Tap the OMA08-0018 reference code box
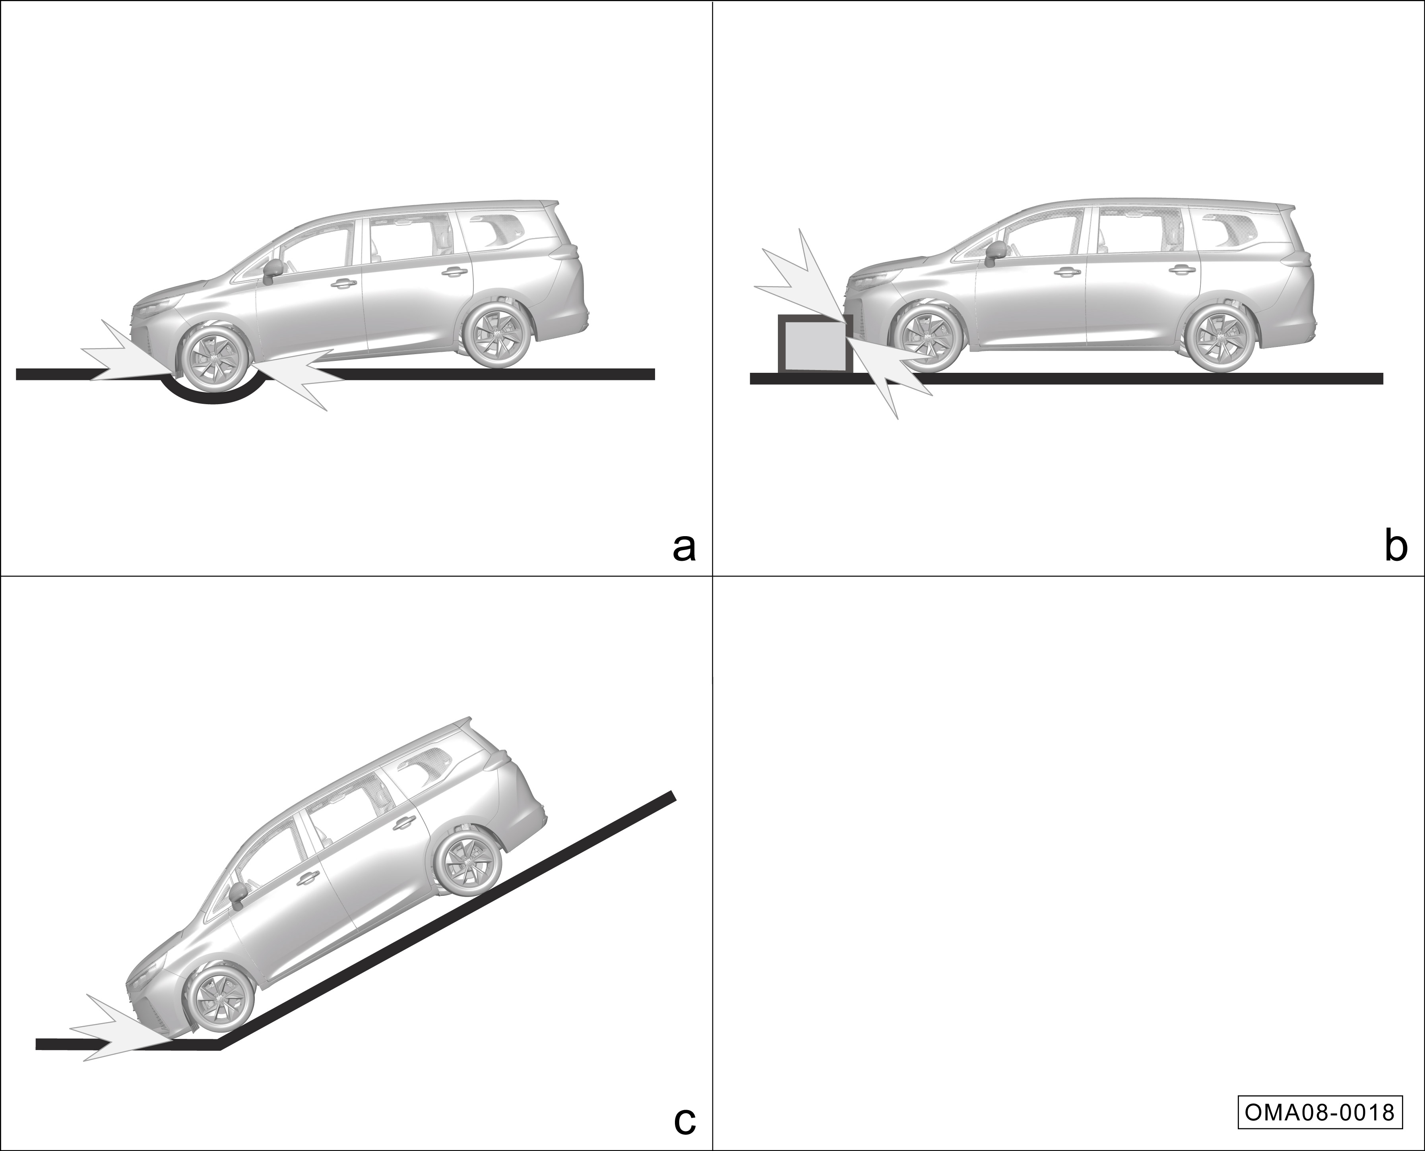click(x=1320, y=1112)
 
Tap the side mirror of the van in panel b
click(x=994, y=252)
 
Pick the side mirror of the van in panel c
click(x=237, y=893)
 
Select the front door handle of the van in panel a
click(x=342, y=283)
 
